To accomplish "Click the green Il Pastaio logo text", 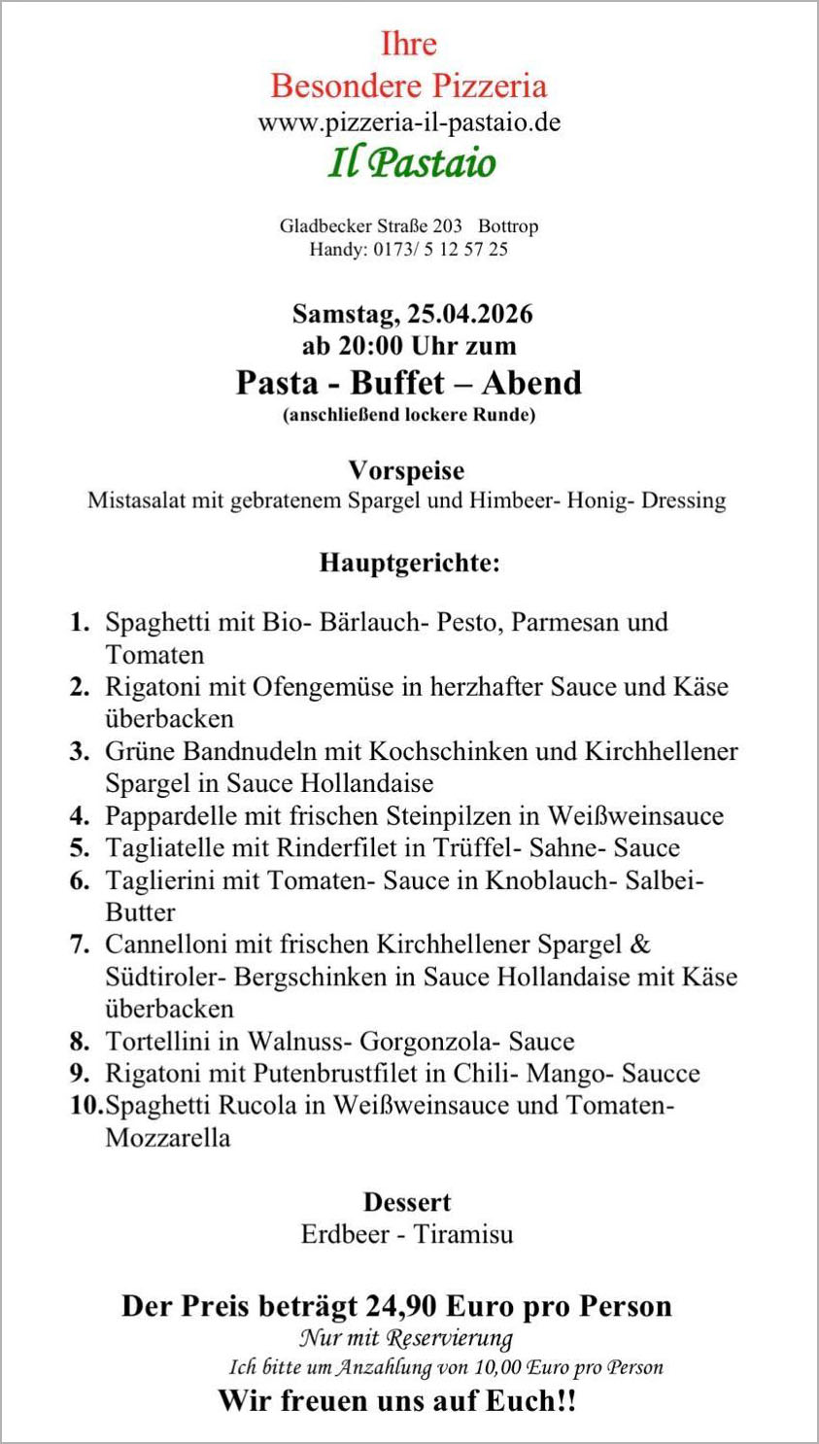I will pos(412,163).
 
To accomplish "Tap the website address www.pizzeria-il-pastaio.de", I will pos(409,123).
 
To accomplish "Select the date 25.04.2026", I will pos(470,314).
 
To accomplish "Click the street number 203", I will pos(448,226).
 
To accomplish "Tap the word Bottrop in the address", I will pos(508,226).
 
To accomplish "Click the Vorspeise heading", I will pos(407,470).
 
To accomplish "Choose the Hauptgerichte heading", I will pos(409,563).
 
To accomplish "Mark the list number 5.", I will pos(80,848).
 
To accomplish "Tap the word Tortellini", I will pos(157,1042).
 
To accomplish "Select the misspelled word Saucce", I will pos(661,1074).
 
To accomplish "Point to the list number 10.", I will pos(85,1106).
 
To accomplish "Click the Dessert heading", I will pos(407,1202).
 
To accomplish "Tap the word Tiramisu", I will pos(463,1235).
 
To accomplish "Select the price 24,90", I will pos(405,1306).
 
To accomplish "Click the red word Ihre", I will pos(408,44).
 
